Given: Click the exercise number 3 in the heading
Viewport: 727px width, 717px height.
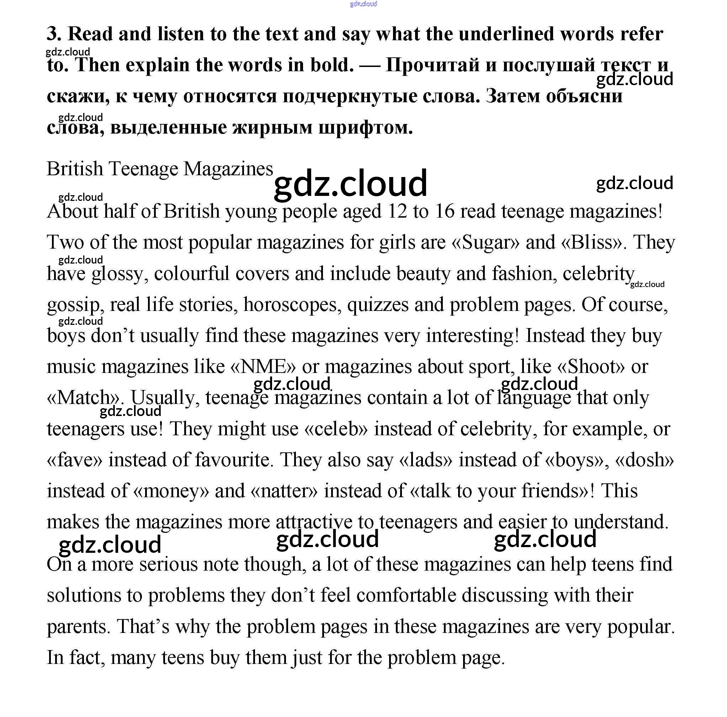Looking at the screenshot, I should pyautogui.click(x=53, y=34).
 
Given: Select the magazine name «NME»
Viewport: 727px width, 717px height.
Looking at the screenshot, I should pyautogui.click(x=262, y=367).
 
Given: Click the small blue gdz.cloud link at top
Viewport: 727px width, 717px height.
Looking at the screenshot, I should pyautogui.click(x=363, y=4).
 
